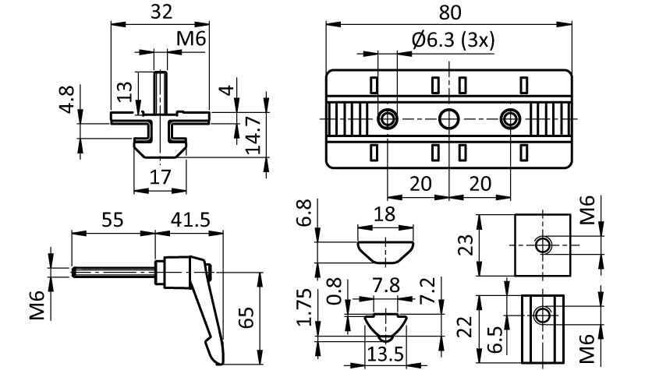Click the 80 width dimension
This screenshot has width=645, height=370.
click(x=450, y=13)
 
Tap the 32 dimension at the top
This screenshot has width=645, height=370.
click(x=161, y=12)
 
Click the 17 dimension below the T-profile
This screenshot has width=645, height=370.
click(x=161, y=178)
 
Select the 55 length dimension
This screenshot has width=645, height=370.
click(x=112, y=220)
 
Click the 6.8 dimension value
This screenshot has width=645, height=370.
click(x=306, y=213)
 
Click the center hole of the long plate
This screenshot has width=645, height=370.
click(x=448, y=119)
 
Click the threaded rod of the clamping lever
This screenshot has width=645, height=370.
click(x=113, y=272)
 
